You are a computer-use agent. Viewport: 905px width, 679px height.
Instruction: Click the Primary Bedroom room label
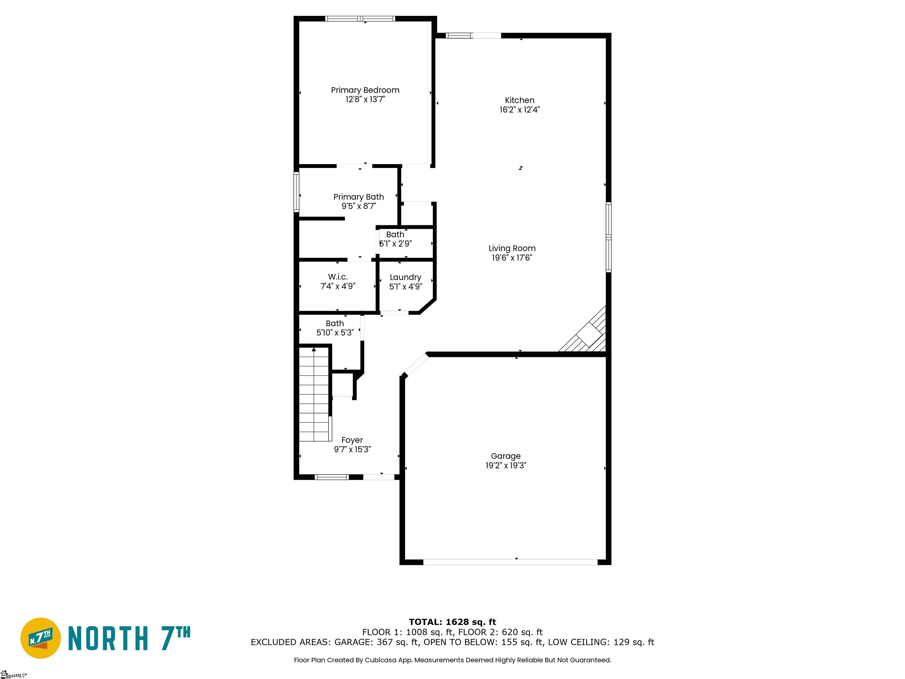tap(365, 90)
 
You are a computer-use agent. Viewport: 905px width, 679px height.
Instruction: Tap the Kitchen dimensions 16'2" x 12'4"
tap(520, 110)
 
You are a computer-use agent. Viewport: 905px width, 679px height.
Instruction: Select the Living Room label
tap(512, 248)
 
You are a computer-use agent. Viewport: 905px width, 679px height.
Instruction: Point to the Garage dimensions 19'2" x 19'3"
tap(506, 465)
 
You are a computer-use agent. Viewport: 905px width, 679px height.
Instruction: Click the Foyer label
tap(352, 440)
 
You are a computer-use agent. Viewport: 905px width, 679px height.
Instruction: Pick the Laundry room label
tap(405, 278)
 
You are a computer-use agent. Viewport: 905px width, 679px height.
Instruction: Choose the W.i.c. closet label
tap(338, 277)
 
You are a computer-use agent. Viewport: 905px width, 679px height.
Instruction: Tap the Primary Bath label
tap(359, 197)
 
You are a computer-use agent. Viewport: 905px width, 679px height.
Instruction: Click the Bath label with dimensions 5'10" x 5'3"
tap(335, 323)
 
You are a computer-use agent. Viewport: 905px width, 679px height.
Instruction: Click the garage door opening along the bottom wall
tap(510, 562)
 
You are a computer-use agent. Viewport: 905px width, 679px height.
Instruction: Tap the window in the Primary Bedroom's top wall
tap(360, 18)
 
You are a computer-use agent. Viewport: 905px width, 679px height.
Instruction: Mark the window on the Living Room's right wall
tap(608, 237)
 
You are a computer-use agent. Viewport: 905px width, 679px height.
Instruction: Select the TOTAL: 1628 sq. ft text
tap(452, 622)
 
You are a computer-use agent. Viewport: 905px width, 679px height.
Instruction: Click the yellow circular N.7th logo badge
tap(40, 638)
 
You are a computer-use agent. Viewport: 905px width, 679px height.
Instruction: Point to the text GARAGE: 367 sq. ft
tap(376, 642)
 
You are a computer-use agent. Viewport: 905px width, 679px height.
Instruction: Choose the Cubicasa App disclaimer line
tap(452, 660)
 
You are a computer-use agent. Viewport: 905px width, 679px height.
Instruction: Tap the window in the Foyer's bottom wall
tap(332, 477)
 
